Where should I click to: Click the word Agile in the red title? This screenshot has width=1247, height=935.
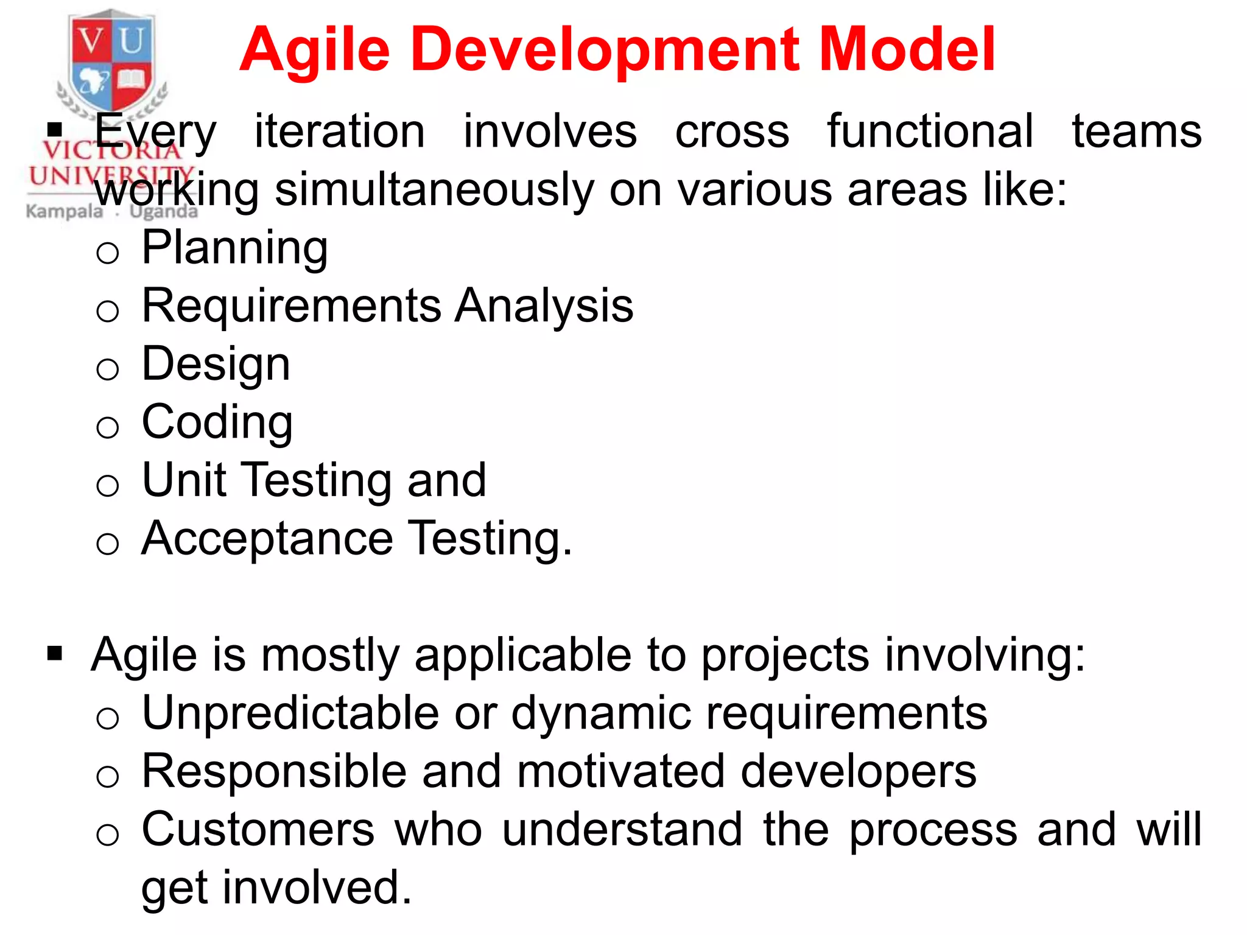pos(314,50)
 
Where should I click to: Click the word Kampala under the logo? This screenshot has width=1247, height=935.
pos(65,212)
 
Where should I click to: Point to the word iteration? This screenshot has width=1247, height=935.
pos(339,131)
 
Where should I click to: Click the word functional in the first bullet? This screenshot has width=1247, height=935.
pos(930,131)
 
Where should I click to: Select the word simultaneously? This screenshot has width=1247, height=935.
pos(434,190)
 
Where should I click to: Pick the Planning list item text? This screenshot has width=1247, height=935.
pos(234,248)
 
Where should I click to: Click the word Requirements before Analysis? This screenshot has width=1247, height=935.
pos(291,306)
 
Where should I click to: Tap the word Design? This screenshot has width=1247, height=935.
pos(216,364)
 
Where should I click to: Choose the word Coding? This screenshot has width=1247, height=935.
pos(217,422)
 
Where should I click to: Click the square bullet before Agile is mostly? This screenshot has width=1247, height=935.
pos(55,654)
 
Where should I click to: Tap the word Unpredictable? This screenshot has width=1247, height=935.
pos(290,713)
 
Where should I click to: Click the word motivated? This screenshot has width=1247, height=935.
pos(620,771)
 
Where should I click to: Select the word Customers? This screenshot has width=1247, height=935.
pos(258,829)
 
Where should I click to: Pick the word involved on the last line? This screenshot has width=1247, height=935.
pos(317,888)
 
